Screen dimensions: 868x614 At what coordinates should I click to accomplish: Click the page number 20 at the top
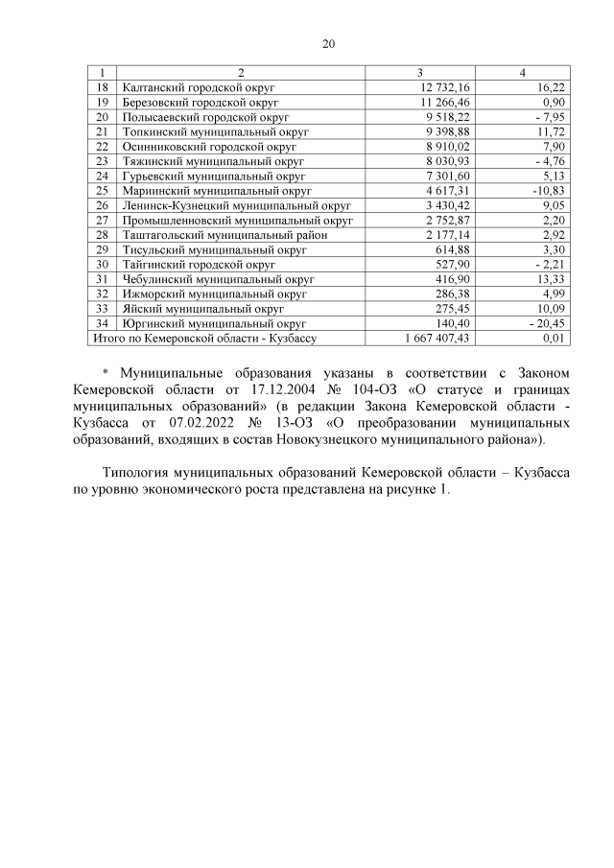point(329,44)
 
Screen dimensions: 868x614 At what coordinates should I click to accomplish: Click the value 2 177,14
point(448,235)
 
